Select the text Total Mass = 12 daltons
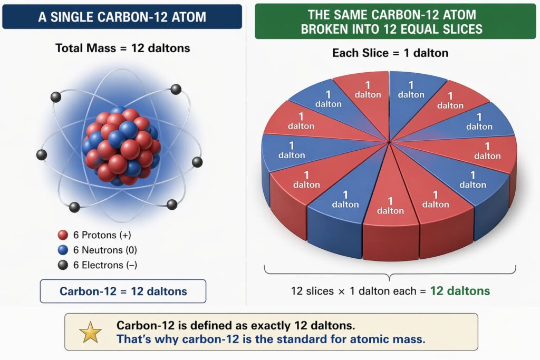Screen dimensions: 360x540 [x=123, y=48]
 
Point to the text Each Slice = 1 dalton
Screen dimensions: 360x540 [x=390, y=53]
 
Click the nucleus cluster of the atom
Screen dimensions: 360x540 [x=121, y=147]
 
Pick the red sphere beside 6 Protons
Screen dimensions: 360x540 [x=63, y=235]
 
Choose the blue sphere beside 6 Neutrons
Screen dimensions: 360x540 [x=63, y=250]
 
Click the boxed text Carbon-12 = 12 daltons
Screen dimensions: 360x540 [x=123, y=291]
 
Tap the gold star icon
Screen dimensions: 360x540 [x=90, y=333]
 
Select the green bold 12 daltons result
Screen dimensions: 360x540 [x=460, y=291]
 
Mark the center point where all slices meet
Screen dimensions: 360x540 [x=389, y=141]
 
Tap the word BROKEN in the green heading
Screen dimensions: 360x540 [x=329, y=28]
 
